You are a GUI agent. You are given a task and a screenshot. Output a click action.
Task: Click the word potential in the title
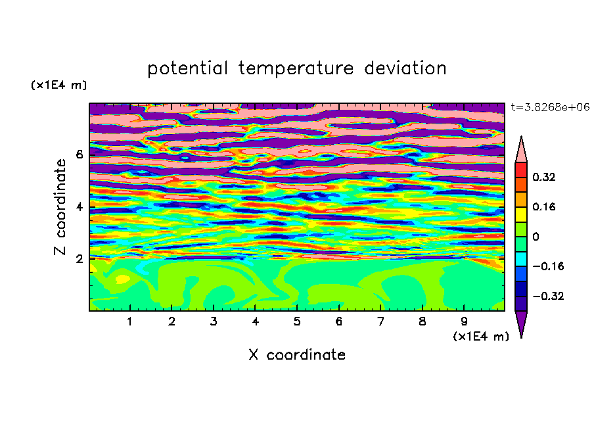click(187, 68)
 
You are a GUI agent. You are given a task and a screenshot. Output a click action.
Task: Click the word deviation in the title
click(405, 68)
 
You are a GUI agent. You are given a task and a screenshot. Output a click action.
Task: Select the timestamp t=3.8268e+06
click(550, 107)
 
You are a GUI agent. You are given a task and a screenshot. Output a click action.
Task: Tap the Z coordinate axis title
click(60, 206)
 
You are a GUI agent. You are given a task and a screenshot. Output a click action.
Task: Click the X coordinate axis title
click(297, 355)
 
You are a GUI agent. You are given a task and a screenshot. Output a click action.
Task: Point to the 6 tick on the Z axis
click(79, 155)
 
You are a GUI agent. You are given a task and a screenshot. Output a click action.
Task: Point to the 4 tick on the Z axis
click(79, 207)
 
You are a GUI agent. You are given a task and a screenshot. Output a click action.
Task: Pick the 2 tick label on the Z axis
click(79, 259)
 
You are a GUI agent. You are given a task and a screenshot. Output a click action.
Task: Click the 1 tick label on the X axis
click(130, 322)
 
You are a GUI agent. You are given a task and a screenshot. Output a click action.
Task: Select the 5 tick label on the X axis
click(297, 322)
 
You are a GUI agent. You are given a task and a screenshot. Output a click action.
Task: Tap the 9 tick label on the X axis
click(464, 322)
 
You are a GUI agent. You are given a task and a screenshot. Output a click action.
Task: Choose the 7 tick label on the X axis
click(380, 322)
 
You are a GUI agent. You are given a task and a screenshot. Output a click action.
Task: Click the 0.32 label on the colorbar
click(543, 177)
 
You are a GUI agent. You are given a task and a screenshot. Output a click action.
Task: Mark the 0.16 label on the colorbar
click(543, 206)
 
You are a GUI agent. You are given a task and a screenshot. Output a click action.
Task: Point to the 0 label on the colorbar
click(536, 237)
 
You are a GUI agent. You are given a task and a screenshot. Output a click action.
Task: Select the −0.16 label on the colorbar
click(548, 266)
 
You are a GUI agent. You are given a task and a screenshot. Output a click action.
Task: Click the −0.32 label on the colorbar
click(548, 296)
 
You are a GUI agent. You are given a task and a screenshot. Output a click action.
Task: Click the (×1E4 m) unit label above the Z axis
click(58, 85)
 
